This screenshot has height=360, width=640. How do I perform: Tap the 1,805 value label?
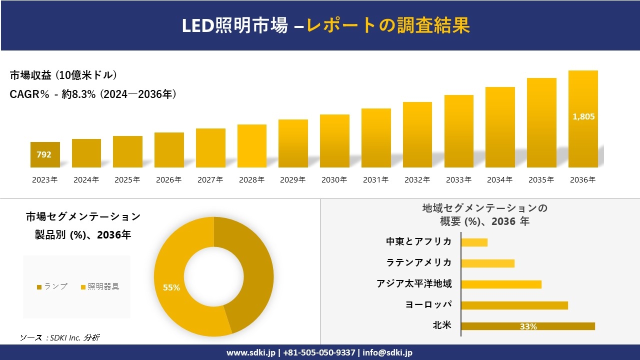click(x=583, y=116)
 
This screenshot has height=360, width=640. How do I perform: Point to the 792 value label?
click(x=44, y=154)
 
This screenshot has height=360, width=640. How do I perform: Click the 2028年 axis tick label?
click(x=251, y=180)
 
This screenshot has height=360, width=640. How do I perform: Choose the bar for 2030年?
click(x=334, y=141)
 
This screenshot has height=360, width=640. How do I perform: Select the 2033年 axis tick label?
click(x=458, y=180)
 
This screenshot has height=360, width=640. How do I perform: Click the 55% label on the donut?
click(x=171, y=287)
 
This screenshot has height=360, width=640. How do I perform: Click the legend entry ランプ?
click(x=52, y=286)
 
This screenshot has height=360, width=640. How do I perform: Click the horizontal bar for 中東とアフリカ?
click(x=474, y=242)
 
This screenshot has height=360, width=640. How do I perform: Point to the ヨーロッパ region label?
click(x=428, y=304)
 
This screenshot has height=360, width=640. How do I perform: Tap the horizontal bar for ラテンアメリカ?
click(x=487, y=263)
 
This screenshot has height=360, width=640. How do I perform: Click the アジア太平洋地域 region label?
click(x=414, y=283)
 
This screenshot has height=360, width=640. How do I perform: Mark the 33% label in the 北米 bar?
click(x=528, y=326)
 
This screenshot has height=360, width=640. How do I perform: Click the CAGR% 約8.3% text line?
click(x=93, y=94)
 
